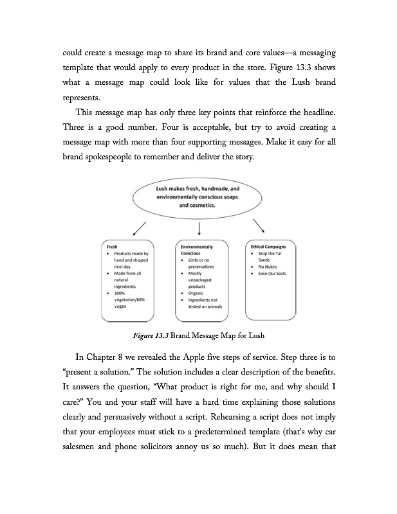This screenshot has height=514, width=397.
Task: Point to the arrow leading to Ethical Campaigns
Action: point(259,226)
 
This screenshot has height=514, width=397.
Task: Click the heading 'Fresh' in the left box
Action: point(110,246)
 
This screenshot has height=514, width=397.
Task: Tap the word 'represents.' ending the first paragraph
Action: point(82,100)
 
